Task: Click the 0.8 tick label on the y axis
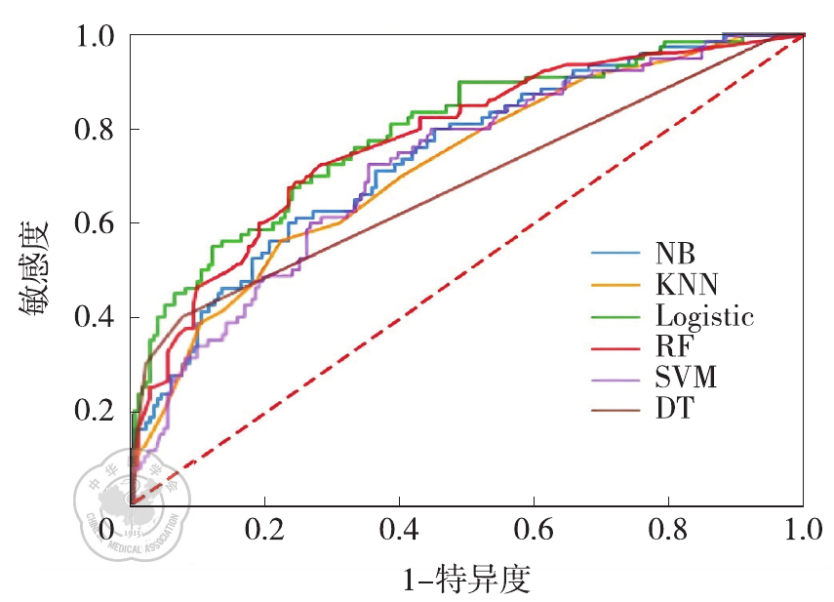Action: [96, 130]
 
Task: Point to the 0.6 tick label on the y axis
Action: [96, 223]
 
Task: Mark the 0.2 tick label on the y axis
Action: [96, 411]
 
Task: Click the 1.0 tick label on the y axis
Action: [96, 36]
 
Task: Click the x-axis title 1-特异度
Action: [466, 580]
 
